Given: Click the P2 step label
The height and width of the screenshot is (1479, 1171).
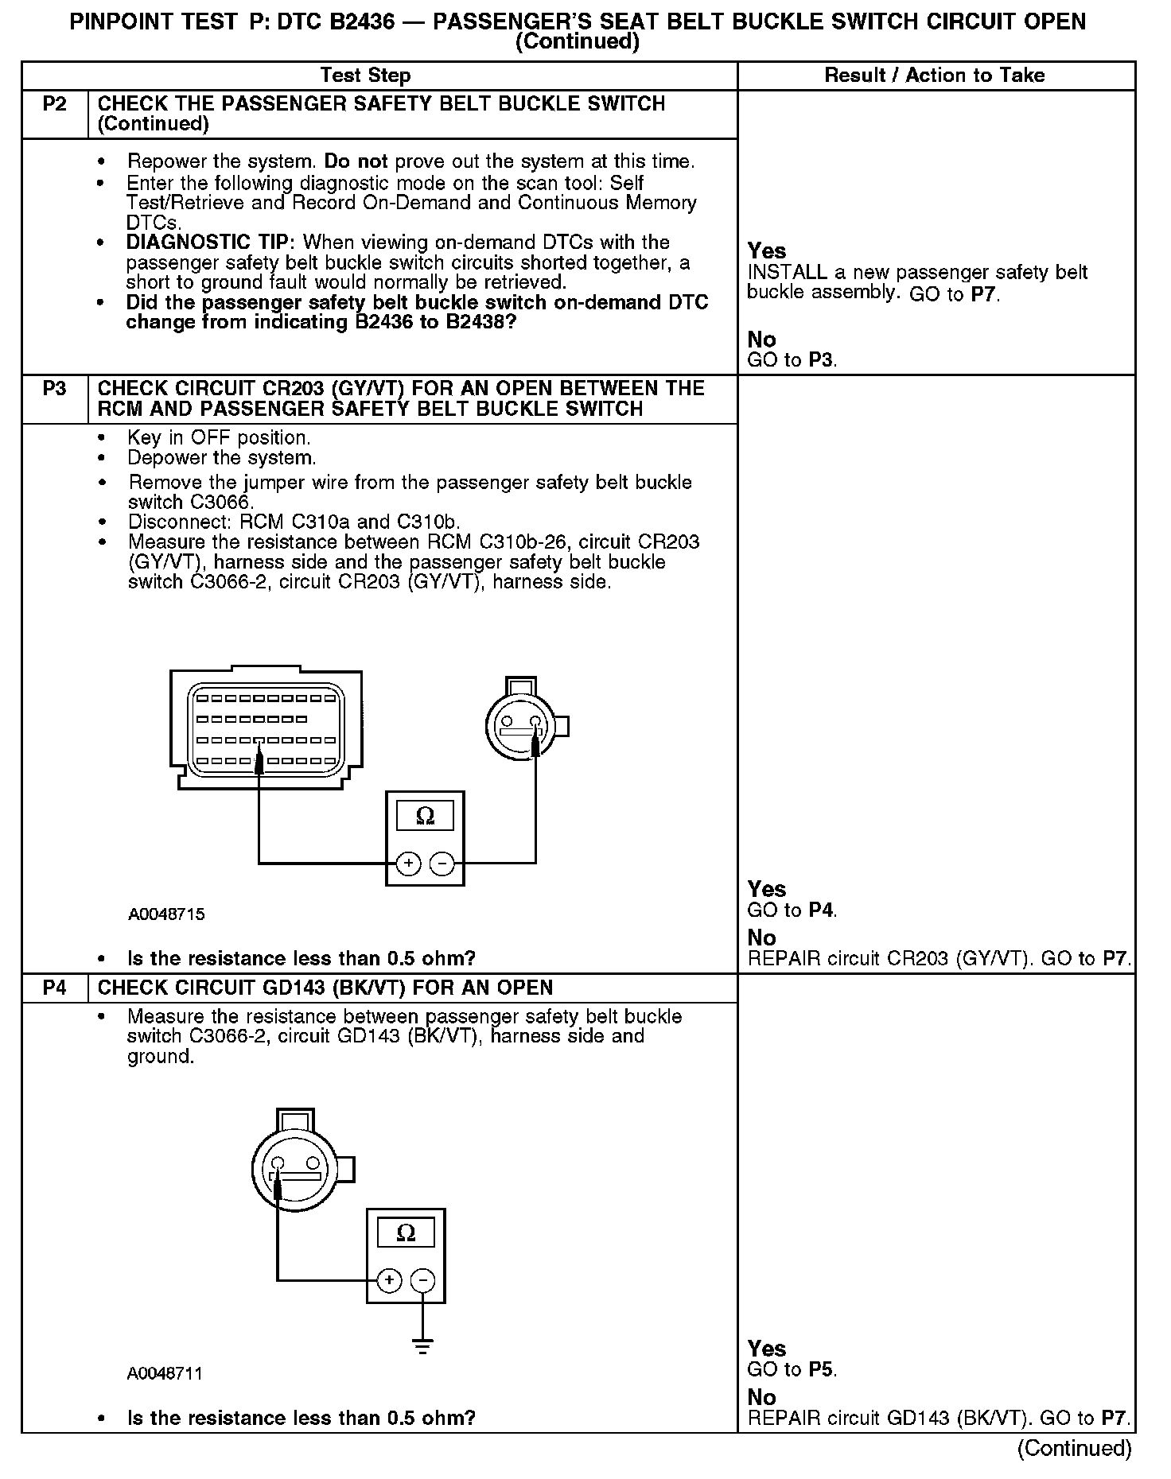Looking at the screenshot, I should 54,104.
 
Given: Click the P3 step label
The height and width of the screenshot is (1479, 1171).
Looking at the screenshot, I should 54,389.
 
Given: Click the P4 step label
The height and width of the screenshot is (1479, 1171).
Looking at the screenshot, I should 54,988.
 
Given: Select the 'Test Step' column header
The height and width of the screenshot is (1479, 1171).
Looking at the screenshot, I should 365,76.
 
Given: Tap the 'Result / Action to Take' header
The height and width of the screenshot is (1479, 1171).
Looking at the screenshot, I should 935,76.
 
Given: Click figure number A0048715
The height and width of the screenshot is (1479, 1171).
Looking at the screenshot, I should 166,914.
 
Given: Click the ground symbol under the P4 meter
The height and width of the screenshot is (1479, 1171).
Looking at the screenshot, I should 423,1347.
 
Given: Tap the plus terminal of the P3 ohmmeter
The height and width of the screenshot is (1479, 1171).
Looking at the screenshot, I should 408,863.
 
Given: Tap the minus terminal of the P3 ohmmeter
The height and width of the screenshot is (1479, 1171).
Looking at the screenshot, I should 442,863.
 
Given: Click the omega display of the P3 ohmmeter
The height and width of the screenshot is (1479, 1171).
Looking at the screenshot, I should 425,816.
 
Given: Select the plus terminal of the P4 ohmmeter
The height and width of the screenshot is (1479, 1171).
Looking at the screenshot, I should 389,1279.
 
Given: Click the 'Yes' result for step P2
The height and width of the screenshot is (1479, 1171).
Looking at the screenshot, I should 767,251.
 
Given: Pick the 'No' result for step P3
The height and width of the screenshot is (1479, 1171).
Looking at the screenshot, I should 761,937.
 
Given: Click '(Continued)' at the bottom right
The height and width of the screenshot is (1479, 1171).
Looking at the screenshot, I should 1074,1448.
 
